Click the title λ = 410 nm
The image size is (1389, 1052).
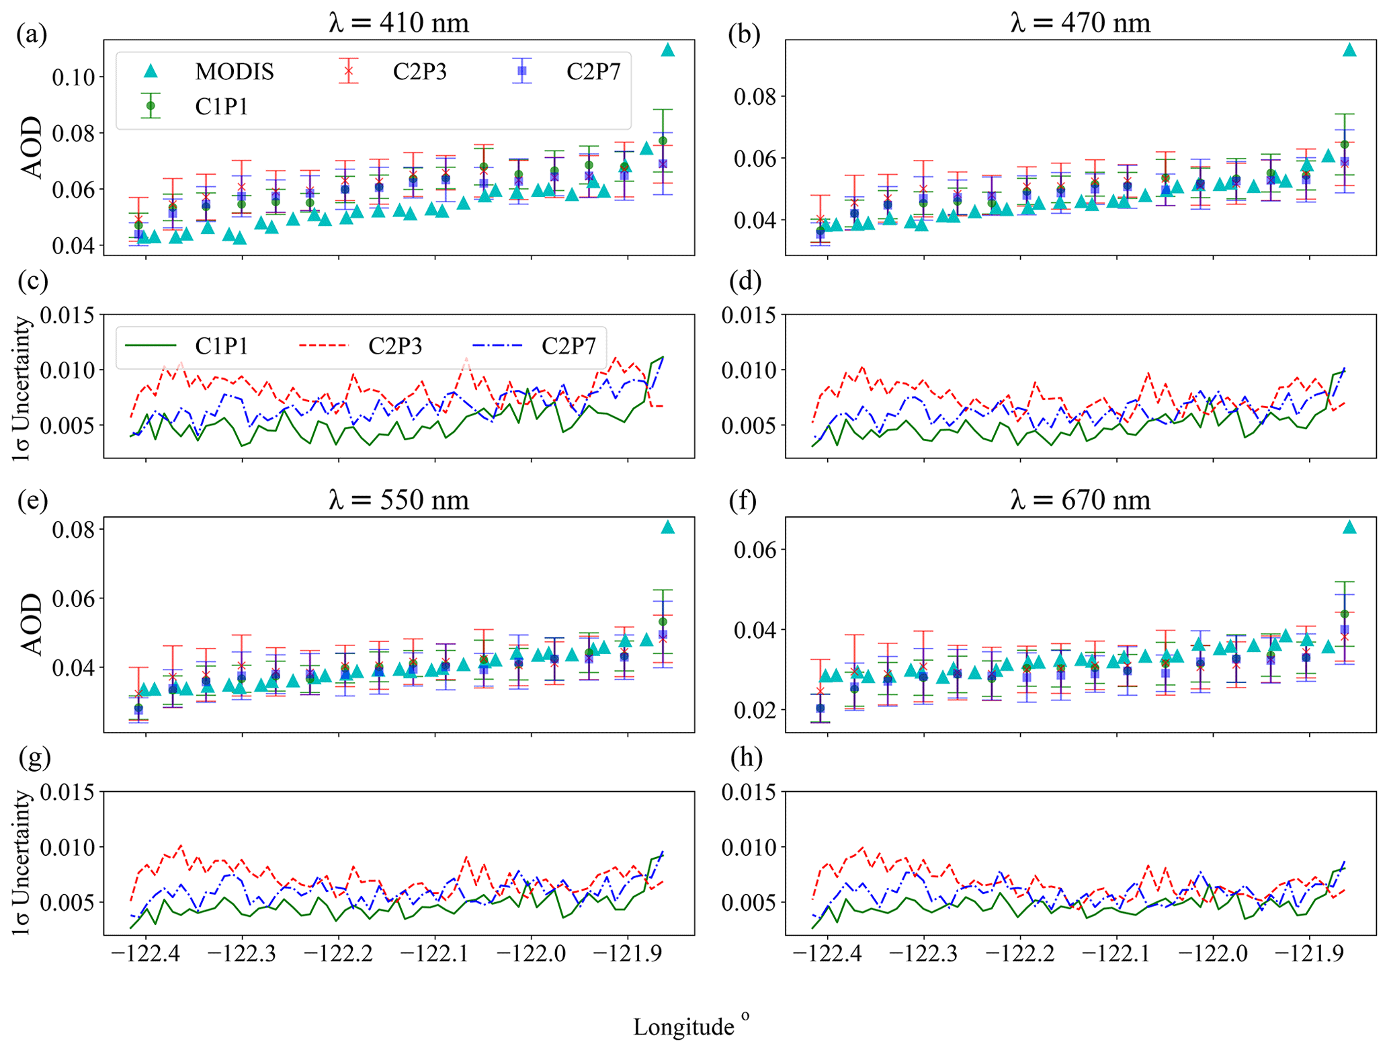click(x=398, y=24)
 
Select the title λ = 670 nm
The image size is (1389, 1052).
click(x=1080, y=500)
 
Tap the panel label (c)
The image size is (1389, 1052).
click(x=32, y=281)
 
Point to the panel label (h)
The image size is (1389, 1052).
click(x=746, y=758)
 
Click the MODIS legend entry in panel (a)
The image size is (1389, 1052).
click(x=212, y=71)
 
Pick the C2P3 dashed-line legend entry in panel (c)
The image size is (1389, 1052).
click(x=370, y=346)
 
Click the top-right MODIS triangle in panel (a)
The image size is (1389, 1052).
click(x=667, y=50)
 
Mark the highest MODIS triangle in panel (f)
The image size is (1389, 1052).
click(x=1349, y=528)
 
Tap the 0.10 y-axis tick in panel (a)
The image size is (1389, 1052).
click(x=74, y=77)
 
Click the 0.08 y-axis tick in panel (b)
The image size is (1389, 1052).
click(x=755, y=97)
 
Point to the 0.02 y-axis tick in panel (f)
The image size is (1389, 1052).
click(x=755, y=711)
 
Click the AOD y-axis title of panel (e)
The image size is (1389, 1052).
click(x=30, y=624)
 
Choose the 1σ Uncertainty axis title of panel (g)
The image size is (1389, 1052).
click(x=22, y=862)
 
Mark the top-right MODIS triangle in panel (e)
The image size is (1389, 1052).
click(x=667, y=528)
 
